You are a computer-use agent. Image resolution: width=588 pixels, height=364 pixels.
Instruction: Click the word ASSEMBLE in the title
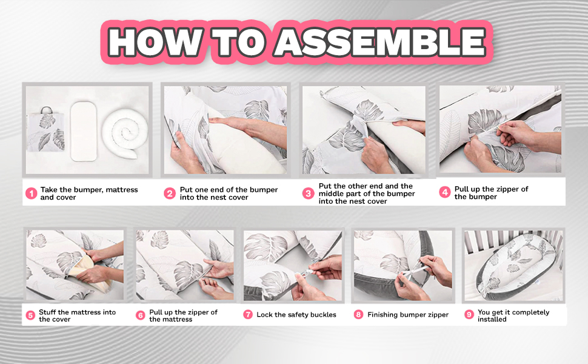tap(380, 42)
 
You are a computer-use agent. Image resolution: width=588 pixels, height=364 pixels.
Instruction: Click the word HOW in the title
tap(155, 42)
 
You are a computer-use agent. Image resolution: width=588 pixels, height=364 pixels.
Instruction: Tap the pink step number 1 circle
tap(31, 194)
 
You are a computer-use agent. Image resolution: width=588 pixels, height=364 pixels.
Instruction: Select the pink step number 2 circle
tap(170, 194)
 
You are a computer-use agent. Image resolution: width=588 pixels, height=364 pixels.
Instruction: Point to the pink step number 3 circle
tap(309, 194)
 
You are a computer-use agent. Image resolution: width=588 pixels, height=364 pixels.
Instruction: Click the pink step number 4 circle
tap(445, 192)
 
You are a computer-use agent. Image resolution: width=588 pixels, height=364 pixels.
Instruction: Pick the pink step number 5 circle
tap(30, 315)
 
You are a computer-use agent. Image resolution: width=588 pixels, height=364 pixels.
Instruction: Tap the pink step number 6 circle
tap(141, 315)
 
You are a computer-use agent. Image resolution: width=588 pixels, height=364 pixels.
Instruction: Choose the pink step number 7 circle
tap(248, 314)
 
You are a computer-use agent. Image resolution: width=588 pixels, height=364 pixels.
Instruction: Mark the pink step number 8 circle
tap(358, 314)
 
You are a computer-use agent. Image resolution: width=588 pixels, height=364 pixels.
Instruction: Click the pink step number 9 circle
tap(469, 314)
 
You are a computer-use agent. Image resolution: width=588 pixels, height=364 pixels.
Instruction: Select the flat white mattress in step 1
tap(84, 130)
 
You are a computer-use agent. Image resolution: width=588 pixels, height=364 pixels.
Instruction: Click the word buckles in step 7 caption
tap(321, 315)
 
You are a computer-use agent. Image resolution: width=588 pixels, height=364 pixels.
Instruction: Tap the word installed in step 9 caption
tap(492, 319)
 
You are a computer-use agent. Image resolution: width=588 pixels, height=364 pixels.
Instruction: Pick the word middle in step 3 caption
tap(330, 194)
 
